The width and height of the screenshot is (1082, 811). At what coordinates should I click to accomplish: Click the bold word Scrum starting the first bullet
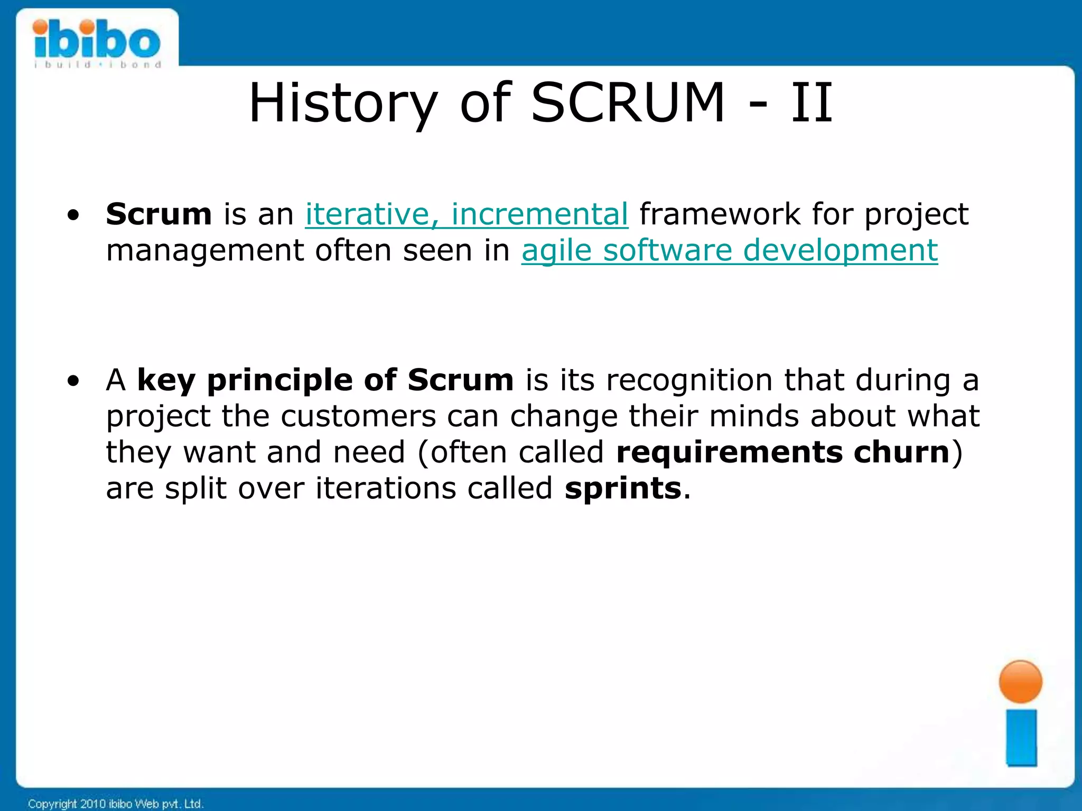tap(158, 214)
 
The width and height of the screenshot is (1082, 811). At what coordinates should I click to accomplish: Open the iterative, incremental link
tap(467, 214)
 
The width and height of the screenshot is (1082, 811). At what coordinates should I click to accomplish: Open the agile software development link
tap(729, 250)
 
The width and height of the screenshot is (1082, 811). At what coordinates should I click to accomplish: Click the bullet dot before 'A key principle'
tap(74, 381)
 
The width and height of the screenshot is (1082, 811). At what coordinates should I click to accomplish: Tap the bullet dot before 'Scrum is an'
tap(74, 215)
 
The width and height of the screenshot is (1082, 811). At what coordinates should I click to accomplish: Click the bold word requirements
tap(729, 453)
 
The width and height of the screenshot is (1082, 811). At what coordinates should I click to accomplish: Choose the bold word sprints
tap(622, 489)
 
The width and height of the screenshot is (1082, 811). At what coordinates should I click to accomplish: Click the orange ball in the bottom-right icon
tap(1020, 682)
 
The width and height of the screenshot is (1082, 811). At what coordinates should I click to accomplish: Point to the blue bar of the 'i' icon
tap(1021, 738)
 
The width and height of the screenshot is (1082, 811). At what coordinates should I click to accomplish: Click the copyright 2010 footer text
tap(115, 804)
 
